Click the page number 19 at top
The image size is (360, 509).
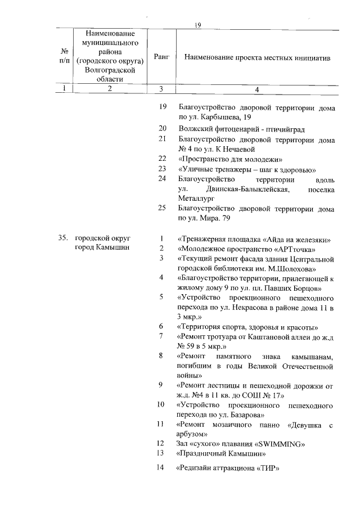tap(197, 25)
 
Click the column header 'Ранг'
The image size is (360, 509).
tap(161, 58)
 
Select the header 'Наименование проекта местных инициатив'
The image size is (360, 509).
tap(257, 58)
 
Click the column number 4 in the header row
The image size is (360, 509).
tap(256, 88)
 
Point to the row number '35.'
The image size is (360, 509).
tap(63, 238)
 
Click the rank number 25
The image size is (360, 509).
tap(162, 208)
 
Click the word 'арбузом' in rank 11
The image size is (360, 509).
tap(192, 434)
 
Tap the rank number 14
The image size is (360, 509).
tap(161, 469)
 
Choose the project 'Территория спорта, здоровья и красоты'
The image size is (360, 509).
tap(248, 327)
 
